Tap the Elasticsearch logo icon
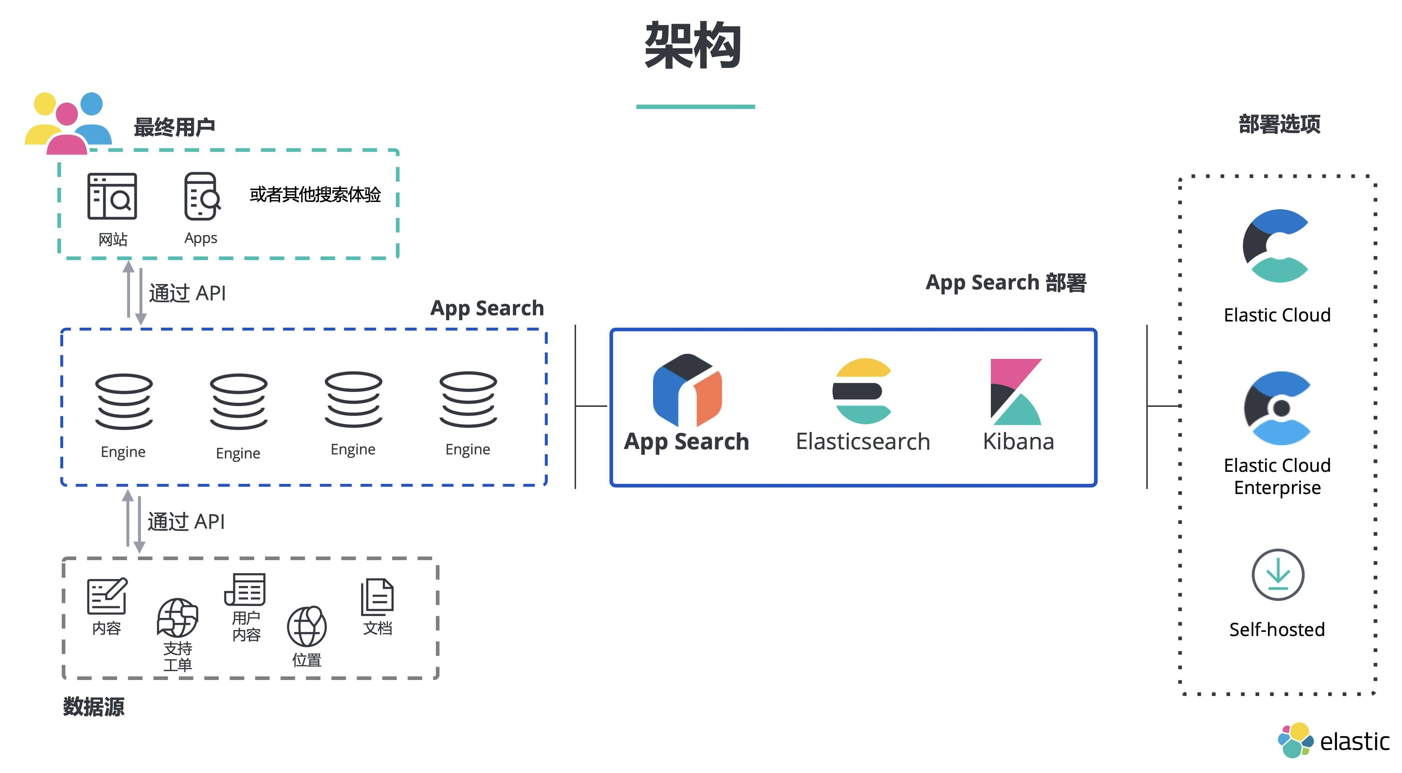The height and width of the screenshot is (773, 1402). click(x=862, y=391)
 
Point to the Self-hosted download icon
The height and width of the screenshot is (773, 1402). click(x=1277, y=574)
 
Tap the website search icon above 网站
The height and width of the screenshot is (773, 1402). click(x=112, y=196)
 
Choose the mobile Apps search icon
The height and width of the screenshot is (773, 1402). click(x=201, y=196)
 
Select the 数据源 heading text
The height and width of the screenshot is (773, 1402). click(x=94, y=707)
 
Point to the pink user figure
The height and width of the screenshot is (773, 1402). click(x=67, y=131)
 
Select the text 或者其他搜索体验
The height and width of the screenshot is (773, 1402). click(x=315, y=194)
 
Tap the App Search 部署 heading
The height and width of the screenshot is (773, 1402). click(x=1006, y=283)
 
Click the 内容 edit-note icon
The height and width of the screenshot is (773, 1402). click(x=107, y=596)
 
